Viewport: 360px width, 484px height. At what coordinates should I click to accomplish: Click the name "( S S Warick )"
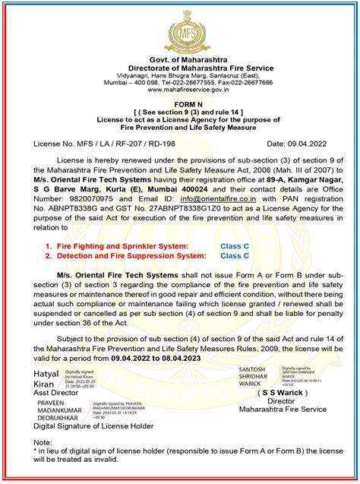(286, 394)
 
